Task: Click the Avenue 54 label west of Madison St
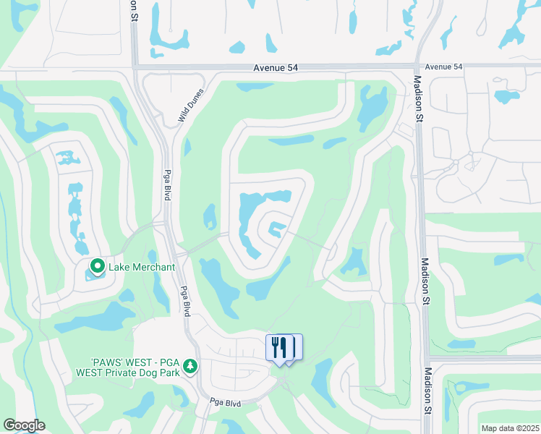276,68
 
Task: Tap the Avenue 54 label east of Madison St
443,67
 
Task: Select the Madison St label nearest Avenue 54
419,95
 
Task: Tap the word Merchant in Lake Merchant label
153,267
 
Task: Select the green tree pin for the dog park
190,367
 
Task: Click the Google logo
24,425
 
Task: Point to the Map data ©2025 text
510,428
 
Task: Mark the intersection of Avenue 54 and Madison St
418,67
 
